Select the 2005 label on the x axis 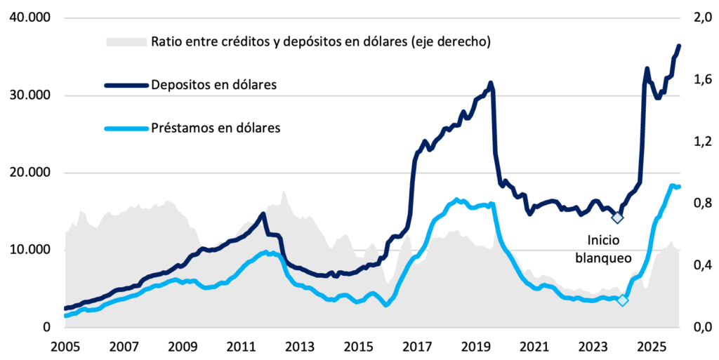click(64, 346)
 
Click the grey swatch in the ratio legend click(126, 41)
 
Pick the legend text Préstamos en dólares click(216, 128)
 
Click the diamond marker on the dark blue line click(617, 217)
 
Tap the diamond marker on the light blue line click(622, 300)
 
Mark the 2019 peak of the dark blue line click(491, 83)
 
